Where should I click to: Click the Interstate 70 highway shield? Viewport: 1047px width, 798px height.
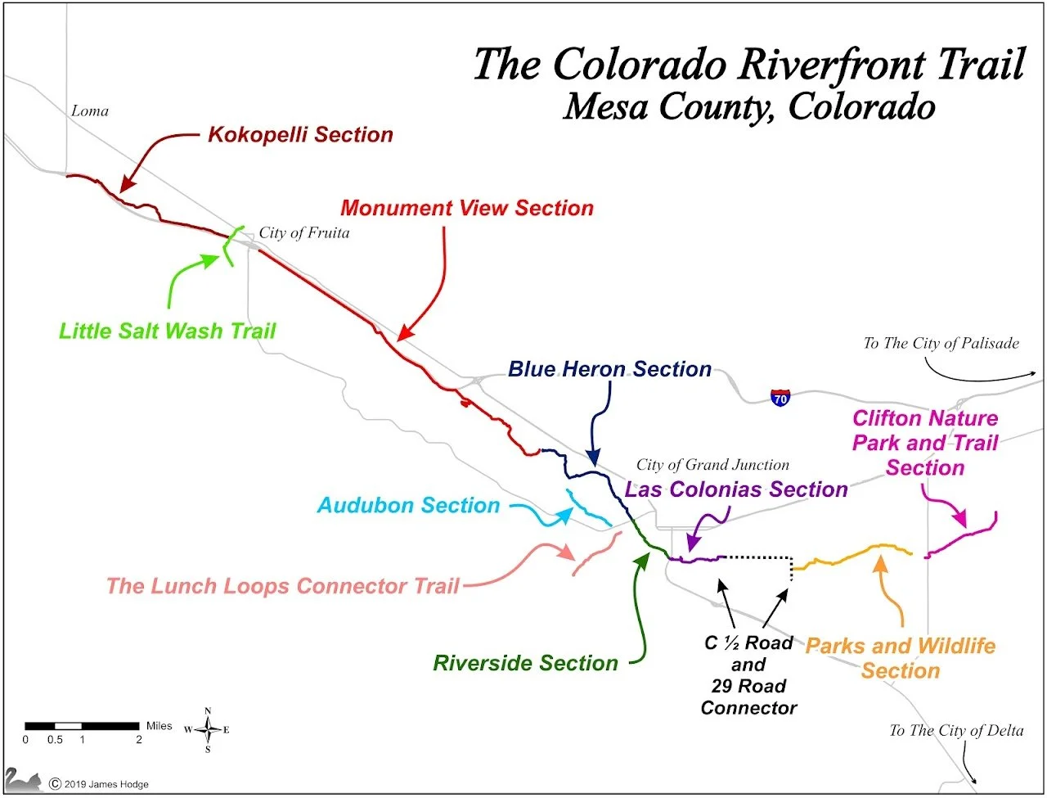(x=780, y=399)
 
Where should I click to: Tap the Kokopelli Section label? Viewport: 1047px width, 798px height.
(x=300, y=135)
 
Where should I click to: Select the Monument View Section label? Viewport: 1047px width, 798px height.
(x=467, y=208)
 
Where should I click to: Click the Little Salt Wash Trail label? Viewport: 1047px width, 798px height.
(x=168, y=331)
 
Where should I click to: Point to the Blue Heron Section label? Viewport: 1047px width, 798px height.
(x=609, y=369)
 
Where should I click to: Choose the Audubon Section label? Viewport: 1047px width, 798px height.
(x=408, y=505)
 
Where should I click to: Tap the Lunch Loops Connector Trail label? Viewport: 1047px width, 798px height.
(x=283, y=586)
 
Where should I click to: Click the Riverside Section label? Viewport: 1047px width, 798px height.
(x=525, y=663)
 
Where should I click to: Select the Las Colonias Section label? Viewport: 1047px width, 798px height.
(x=736, y=489)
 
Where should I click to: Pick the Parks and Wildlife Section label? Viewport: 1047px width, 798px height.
(x=901, y=658)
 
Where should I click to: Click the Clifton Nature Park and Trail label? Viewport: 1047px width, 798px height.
(x=925, y=443)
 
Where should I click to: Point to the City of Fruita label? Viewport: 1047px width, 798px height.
(x=304, y=233)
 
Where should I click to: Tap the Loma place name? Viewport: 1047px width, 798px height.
(x=90, y=111)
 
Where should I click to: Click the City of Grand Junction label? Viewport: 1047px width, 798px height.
(x=712, y=465)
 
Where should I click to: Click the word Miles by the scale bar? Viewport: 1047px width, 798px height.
(x=159, y=725)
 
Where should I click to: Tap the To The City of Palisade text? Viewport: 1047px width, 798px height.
(x=941, y=344)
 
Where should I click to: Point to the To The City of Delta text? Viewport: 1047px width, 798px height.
(x=956, y=731)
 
